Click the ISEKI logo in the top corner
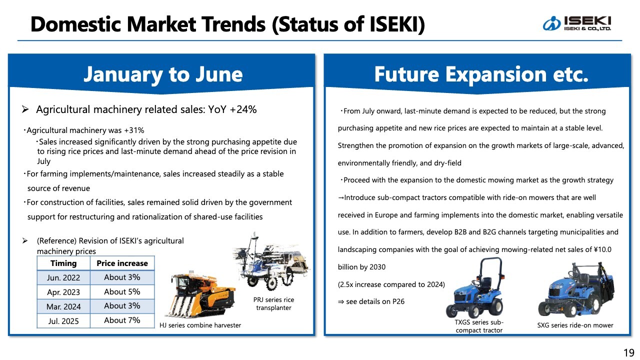click(x=576, y=23)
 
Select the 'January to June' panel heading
click(x=163, y=74)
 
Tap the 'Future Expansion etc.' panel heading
click(x=481, y=74)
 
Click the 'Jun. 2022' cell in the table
click(x=63, y=277)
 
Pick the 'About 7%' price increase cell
click(x=122, y=320)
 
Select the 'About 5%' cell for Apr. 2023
click(x=122, y=291)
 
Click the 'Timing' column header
click(x=63, y=263)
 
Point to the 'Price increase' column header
click(x=122, y=263)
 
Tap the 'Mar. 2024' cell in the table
click(x=63, y=306)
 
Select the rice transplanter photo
click(x=271, y=261)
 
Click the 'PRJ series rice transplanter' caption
click(x=273, y=303)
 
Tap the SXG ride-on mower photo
click(x=575, y=290)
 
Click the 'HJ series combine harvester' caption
click(x=200, y=325)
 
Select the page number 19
click(x=629, y=353)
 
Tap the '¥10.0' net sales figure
click(x=602, y=249)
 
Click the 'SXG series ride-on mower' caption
click(x=575, y=325)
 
